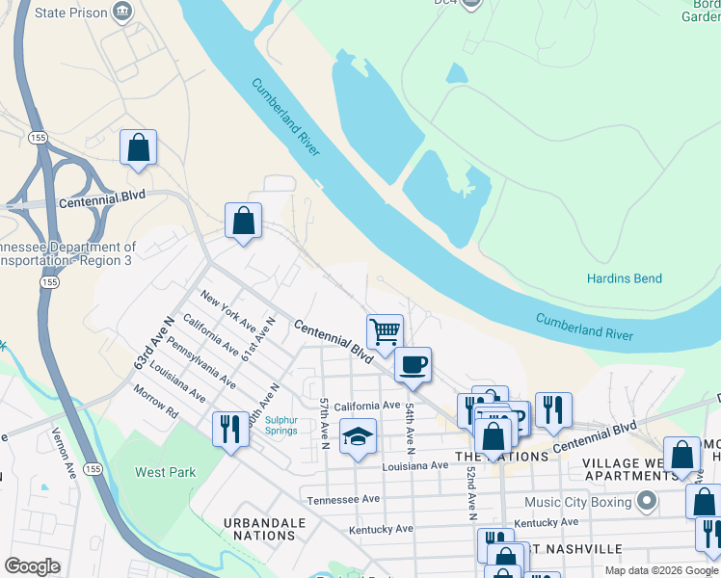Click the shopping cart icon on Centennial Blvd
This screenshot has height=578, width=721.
(x=385, y=330)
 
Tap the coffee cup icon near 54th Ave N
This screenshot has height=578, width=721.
(x=413, y=364)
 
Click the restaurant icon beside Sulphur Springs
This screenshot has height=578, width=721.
(x=229, y=429)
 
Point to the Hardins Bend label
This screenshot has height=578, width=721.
(x=625, y=278)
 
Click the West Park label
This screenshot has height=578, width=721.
(x=166, y=472)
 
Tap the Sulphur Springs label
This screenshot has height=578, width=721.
(x=281, y=426)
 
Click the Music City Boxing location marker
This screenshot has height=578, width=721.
(x=647, y=501)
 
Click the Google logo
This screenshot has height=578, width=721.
(x=32, y=566)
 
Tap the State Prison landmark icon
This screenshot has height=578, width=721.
(x=123, y=13)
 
